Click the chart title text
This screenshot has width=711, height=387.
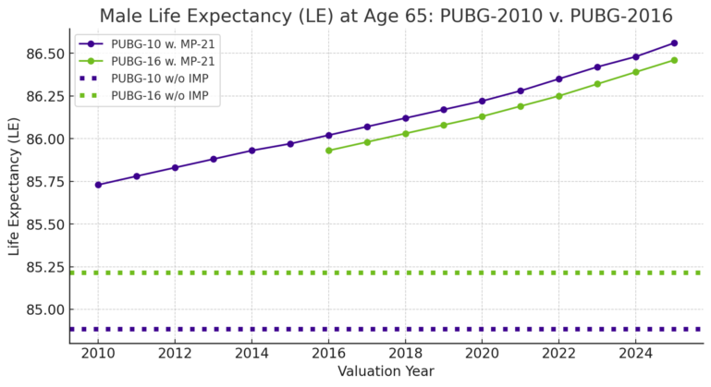click(386, 16)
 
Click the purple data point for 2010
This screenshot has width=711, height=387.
click(98, 185)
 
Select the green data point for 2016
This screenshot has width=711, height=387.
click(329, 151)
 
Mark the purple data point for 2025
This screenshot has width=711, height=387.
click(674, 42)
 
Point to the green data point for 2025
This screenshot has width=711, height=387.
click(674, 60)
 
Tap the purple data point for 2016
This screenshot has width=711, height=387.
click(329, 135)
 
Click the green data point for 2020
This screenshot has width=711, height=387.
click(482, 116)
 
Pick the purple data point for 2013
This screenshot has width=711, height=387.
click(214, 159)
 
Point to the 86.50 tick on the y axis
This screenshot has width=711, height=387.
click(41, 54)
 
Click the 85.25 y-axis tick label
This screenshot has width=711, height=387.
click(41, 267)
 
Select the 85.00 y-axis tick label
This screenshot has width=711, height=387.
click(41, 309)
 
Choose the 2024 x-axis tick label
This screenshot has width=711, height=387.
click(635, 353)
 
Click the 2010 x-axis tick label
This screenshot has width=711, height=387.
click(98, 353)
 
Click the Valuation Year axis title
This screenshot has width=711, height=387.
click(386, 371)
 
